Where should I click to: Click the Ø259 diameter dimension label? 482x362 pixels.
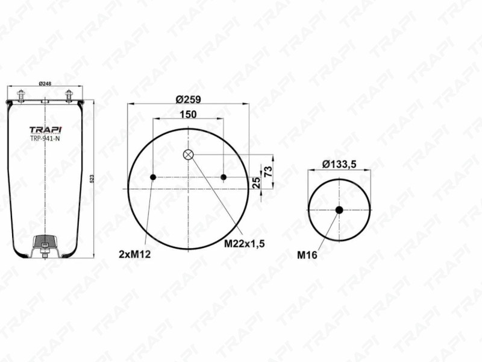(x=188, y=100)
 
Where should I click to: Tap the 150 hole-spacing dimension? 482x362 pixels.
(x=188, y=114)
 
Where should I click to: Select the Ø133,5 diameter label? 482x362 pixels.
(x=339, y=164)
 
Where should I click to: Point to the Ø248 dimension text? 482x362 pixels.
(x=45, y=83)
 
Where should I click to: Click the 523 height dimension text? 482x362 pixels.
(x=92, y=179)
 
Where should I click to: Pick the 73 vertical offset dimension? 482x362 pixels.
(x=268, y=171)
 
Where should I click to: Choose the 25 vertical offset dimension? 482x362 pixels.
(x=256, y=183)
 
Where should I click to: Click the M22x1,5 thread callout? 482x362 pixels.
(x=244, y=244)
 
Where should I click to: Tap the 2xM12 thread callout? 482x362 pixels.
(x=134, y=254)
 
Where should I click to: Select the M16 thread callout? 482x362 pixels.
(x=307, y=255)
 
